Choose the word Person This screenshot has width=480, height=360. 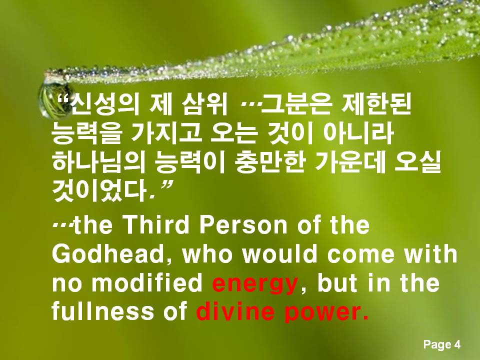pos(243,225)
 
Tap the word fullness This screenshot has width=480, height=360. pos(103,311)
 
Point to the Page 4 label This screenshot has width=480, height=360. pos(441,344)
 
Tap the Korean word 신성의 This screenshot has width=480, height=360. pos(105,104)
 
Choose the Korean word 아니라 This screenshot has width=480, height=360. pos(358,133)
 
